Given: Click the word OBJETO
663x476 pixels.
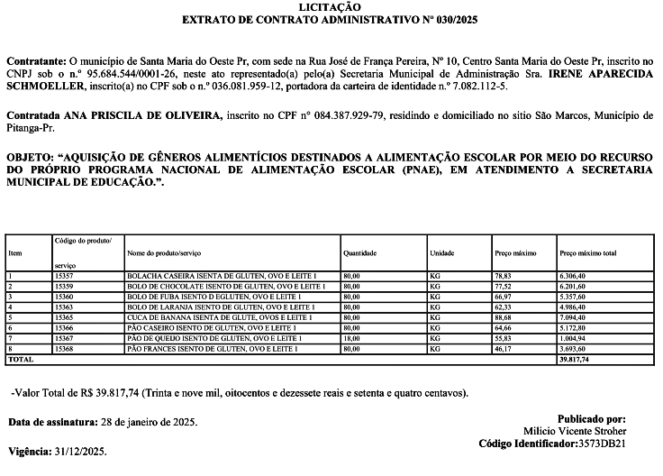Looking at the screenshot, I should pos(28,157).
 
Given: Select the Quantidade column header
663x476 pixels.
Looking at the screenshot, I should pos(359,254).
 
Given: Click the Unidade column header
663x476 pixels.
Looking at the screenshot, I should pos(442,254).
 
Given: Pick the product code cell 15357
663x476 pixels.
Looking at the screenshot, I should pos(64,277).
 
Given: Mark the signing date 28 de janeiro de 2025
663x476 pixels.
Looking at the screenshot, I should pos(145,422).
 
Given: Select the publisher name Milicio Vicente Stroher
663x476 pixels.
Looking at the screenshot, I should pos(574,432).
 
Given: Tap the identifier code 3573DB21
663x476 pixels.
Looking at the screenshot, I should pos(601,444).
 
